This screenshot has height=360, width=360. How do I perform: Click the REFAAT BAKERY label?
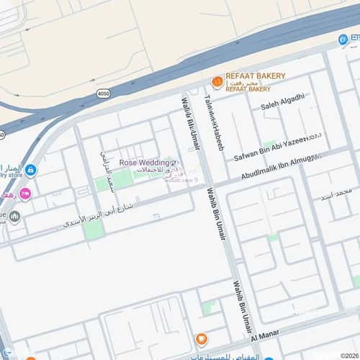(256, 76)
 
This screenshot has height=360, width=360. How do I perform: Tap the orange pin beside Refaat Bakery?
(216, 82)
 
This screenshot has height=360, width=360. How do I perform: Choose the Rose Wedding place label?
(144, 163)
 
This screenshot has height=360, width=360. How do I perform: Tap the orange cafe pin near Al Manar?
(201, 339)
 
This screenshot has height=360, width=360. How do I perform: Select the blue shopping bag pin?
(30, 171)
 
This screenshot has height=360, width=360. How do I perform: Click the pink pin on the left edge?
(25, 193)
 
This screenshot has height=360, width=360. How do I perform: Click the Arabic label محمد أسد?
(336, 192)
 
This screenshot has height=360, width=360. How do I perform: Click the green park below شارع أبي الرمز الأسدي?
(93, 230)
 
